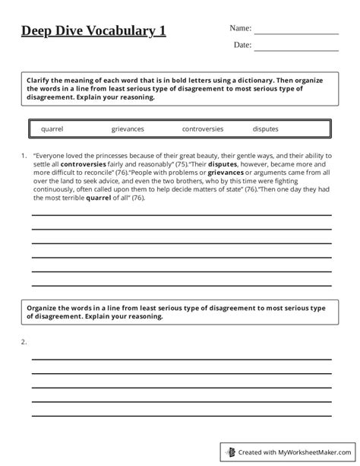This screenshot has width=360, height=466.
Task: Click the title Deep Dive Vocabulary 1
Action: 92,32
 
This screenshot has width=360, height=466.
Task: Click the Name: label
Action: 240,28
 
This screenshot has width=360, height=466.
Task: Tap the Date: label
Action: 242,46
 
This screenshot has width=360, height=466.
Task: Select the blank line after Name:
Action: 296,33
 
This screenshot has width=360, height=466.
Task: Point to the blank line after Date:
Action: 296,50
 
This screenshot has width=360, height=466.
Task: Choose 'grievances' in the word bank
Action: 127,129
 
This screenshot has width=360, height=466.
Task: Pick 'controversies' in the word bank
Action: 203,129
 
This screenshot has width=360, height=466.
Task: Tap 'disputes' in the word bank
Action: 266,129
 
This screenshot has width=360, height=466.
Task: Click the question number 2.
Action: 24,341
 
